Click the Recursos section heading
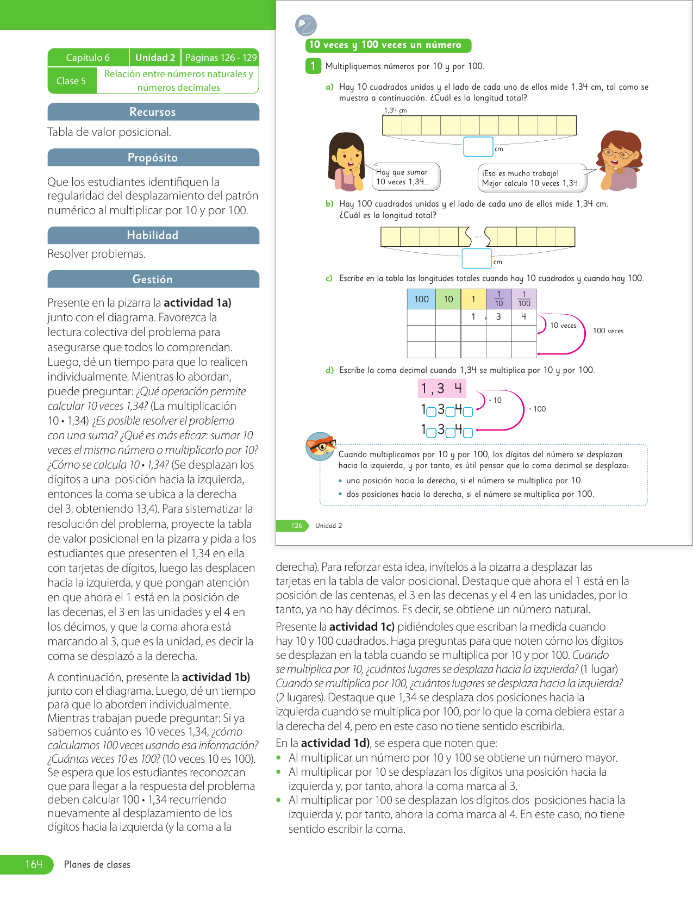click(x=153, y=112)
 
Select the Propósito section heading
click(x=153, y=158)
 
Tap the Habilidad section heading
click(x=153, y=235)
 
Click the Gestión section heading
click(x=153, y=279)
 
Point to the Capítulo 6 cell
click(x=88, y=58)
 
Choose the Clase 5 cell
click(x=71, y=81)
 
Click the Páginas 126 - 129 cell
click(x=221, y=58)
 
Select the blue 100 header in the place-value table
click(x=421, y=299)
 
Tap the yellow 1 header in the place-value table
click(x=473, y=299)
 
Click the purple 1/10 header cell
click(x=498, y=299)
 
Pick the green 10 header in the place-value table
click(x=448, y=299)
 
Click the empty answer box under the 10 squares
click(x=478, y=147)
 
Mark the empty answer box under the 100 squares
click(x=477, y=259)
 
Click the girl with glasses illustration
click(x=620, y=160)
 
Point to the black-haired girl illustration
click(x=346, y=162)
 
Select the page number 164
click(x=34, y=864)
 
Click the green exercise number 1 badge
click(x=313, y=66)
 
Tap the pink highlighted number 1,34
click(x=442, y=388)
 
